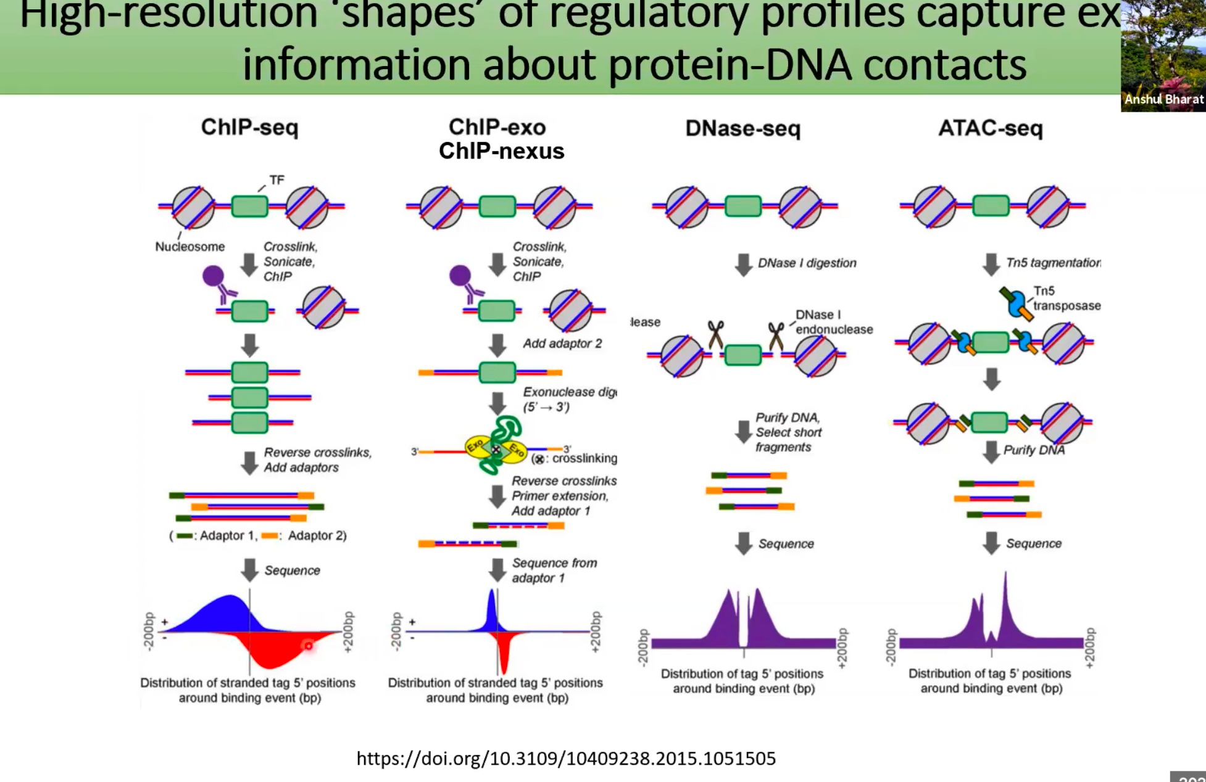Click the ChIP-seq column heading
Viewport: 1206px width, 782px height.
(x=249, y=128)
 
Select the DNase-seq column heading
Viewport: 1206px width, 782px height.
(x=742, y=128)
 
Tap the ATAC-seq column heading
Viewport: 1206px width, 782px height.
(x=990, y=128)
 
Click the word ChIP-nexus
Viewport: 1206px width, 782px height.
(x=501, y=151)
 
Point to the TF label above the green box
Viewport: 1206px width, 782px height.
(x=277, y=180)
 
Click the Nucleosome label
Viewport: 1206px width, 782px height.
(x=189, y=247)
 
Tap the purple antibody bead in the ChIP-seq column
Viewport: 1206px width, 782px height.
(x=214, y=276)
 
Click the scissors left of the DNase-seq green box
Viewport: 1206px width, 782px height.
(x=715, y=335)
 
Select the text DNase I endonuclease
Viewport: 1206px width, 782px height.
(x=833, y=322)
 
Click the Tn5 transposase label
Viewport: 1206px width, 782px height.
(x=1066, y=298)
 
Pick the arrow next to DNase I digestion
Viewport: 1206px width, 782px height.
(x=744, y=265)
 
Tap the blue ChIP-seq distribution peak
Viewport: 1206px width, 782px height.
(x=222, y=614)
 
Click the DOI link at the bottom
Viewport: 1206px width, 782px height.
(x=565, y=758)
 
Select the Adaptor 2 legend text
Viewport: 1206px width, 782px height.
(x=316, y=535)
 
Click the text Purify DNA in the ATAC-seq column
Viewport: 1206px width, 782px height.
(x=1034, y=450)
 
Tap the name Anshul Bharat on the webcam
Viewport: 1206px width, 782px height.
(x=1163, y=99)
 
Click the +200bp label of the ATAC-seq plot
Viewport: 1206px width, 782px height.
(x=1089, y=648)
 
